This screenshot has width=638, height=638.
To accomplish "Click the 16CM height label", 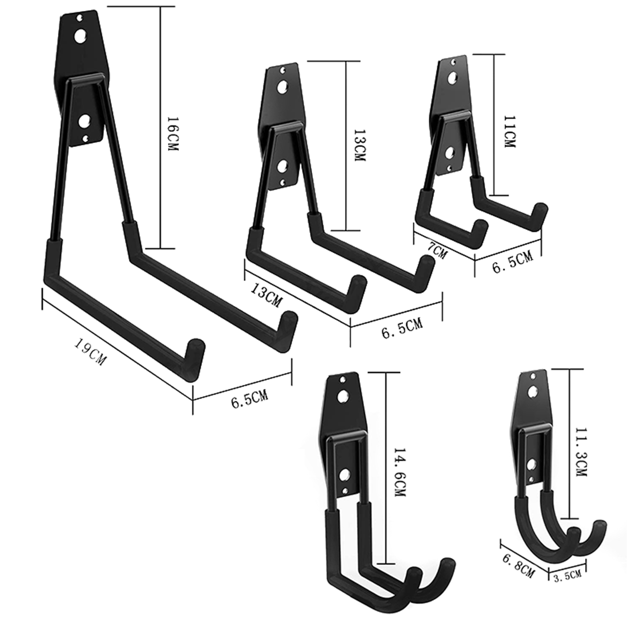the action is pos(172,134).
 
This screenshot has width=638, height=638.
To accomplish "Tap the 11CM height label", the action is pos(509,132).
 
